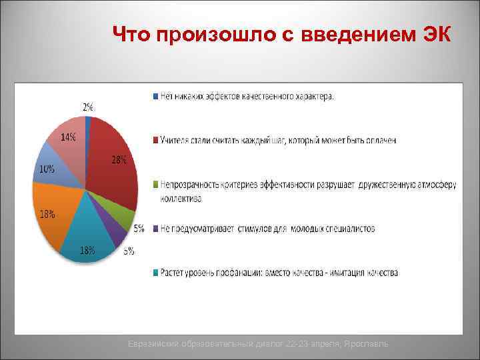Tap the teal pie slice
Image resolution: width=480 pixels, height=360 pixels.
pos(90,233)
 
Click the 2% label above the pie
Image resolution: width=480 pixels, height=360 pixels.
pos(88,107)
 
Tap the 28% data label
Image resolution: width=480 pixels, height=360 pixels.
pos(119,160)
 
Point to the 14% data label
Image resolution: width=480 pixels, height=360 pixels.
pos(68,137)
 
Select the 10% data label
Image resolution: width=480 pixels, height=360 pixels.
pos(47,169)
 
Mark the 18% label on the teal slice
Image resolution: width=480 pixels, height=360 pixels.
pos(87,250)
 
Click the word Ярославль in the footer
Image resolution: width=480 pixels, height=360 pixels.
pos(376,343)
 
